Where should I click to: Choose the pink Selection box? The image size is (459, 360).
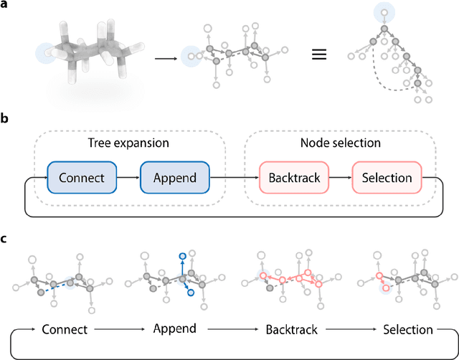pyautogui.click(x=387, y=177)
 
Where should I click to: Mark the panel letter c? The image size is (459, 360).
pyautogui.click(x=5, y=239)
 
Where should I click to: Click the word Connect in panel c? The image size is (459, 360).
pyautogui.click(x=65, y=330)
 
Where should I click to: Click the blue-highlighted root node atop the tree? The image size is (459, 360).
pyautogui.click(x=384, y=11)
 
